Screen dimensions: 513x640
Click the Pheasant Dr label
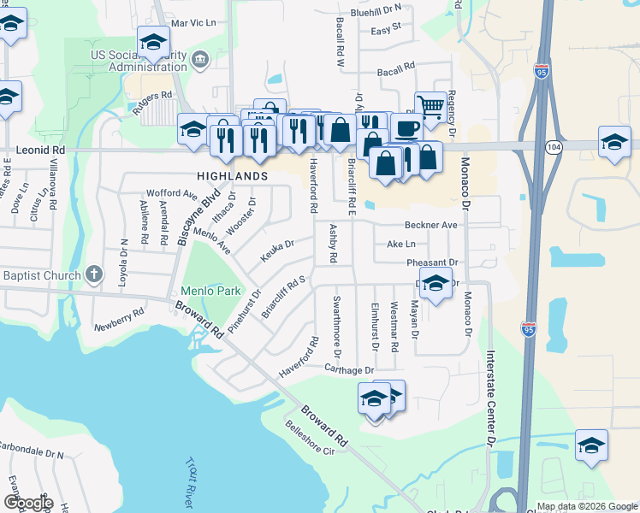(435, 262)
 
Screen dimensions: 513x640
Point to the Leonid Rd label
(40, 150)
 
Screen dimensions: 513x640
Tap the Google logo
(28, 503)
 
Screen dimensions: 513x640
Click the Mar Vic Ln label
(193, 22)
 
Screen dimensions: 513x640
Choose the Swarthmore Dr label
(337, 327)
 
